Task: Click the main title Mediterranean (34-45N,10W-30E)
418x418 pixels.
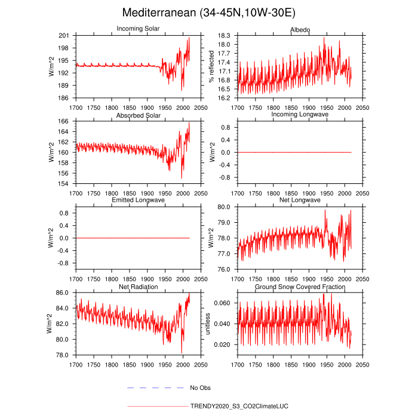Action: point(208,13)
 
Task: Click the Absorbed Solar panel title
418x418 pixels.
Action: point(138,115)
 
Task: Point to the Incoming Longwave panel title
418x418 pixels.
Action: point(300,115)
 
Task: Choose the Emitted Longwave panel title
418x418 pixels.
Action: point(138,200)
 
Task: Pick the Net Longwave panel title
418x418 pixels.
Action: point(300,200)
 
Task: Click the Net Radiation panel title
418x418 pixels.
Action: point(138,286)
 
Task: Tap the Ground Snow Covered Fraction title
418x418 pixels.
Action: point(300,286)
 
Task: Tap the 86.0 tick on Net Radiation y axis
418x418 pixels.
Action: point(64,293)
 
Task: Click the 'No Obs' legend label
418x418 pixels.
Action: point(201,388)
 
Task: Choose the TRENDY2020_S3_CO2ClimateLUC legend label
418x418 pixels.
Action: point(239,406)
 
